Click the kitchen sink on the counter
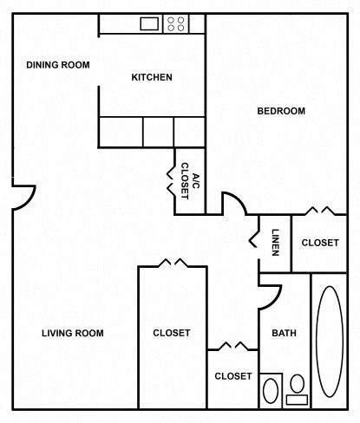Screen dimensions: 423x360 [x=147, y=23]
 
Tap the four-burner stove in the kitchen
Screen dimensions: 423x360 [x=175, y=23]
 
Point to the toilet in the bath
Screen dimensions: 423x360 [x=271, y=390]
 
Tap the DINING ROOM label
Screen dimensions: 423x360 [x=58, y=65]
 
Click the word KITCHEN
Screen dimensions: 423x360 [x=152, y=77]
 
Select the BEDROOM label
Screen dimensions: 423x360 [x=281, y=111]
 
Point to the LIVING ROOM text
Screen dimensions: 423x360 [x=73, y=333]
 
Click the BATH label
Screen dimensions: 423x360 [x=284, y=333]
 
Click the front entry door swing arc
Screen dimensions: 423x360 [x=24, y=197]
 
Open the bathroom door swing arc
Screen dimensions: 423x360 [x=268, y=294]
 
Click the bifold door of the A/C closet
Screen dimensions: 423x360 [x=169, y=176]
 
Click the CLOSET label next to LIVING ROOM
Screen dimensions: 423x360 [x=172, y=333]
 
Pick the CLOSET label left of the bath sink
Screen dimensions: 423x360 [x=232, y=376]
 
